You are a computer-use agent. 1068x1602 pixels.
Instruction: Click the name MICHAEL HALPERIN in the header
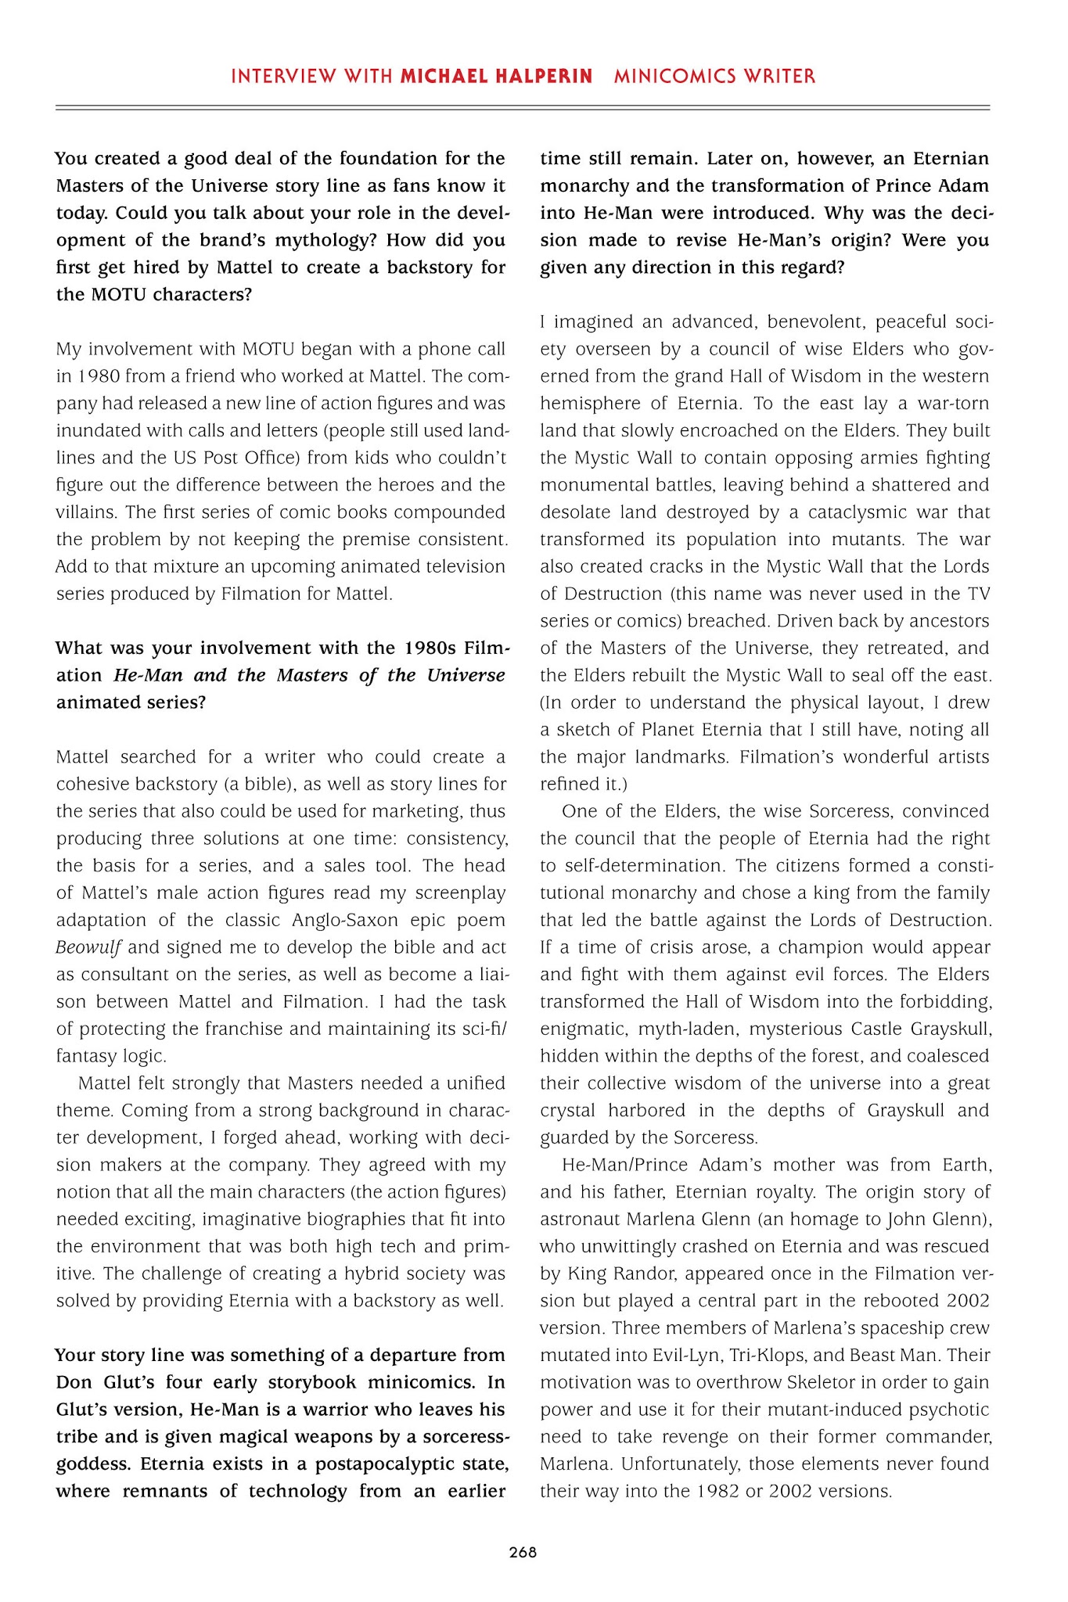496,77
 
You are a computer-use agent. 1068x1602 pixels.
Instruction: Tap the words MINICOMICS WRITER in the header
715,77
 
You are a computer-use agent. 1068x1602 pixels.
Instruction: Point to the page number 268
523,1553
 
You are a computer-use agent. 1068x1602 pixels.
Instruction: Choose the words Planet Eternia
701,730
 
